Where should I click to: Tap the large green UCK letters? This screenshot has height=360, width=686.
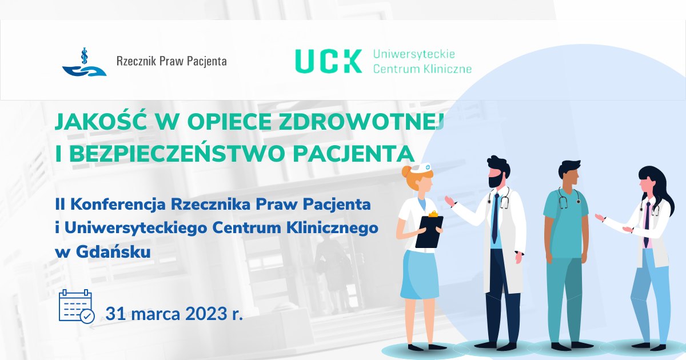[328, 61]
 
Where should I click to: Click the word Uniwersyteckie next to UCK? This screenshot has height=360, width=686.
[414, 55]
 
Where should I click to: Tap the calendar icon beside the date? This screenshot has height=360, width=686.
[77, 306]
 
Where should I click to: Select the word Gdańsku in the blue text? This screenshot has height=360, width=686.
[113, 253]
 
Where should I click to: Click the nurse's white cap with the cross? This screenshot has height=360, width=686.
[421, 168]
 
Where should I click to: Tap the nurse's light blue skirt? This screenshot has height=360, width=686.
[418, 275]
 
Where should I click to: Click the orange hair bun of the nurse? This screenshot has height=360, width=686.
[405, 172]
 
